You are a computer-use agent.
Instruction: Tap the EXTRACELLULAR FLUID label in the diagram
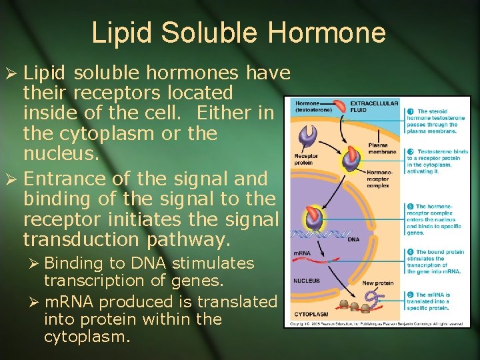pos(374,106)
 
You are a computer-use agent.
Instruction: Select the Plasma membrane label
pos(378,147)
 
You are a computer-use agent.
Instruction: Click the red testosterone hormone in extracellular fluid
pos(340,107)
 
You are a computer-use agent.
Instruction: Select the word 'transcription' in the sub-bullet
pos(87,281)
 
